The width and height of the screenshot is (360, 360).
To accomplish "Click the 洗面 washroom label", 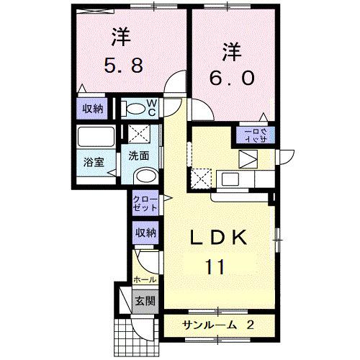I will coord(139,155).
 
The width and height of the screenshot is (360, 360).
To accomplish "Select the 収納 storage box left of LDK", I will coord(145,233).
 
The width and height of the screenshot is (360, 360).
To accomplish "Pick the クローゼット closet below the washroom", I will coord(143,203).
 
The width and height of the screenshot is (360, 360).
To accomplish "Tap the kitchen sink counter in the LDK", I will coord(235,179).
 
